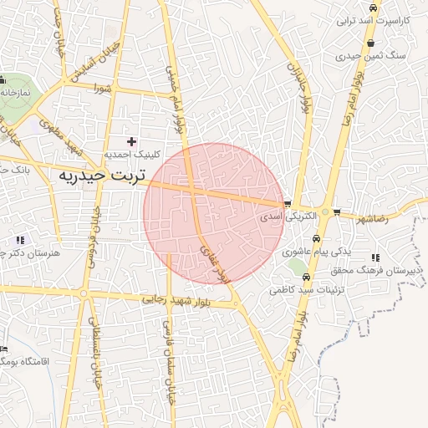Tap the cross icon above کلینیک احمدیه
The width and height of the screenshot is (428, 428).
(x=131, y=141)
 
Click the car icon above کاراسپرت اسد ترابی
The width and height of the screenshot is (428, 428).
(x=372, y=8)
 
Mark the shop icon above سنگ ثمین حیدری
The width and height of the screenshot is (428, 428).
(x=369, y=43)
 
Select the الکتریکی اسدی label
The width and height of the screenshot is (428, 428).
(x=288, y=216)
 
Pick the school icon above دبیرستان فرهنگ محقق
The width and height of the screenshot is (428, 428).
(x=375, y=257)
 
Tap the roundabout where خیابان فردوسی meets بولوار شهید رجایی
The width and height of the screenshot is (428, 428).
(x=84, y=293)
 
